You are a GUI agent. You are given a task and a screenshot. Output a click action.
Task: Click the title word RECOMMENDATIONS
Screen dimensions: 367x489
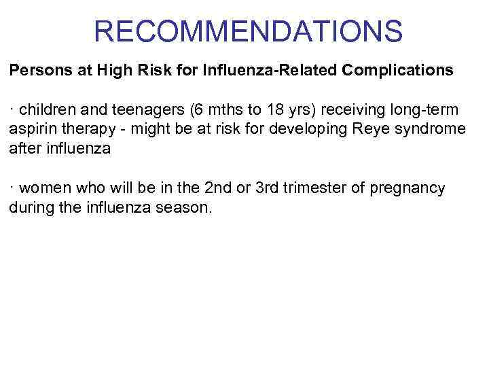coord(248,31)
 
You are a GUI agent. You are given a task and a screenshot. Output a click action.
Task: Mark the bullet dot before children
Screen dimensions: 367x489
coord(12,109)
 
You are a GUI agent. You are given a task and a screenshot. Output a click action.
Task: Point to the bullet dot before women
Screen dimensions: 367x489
coord(12,186)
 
